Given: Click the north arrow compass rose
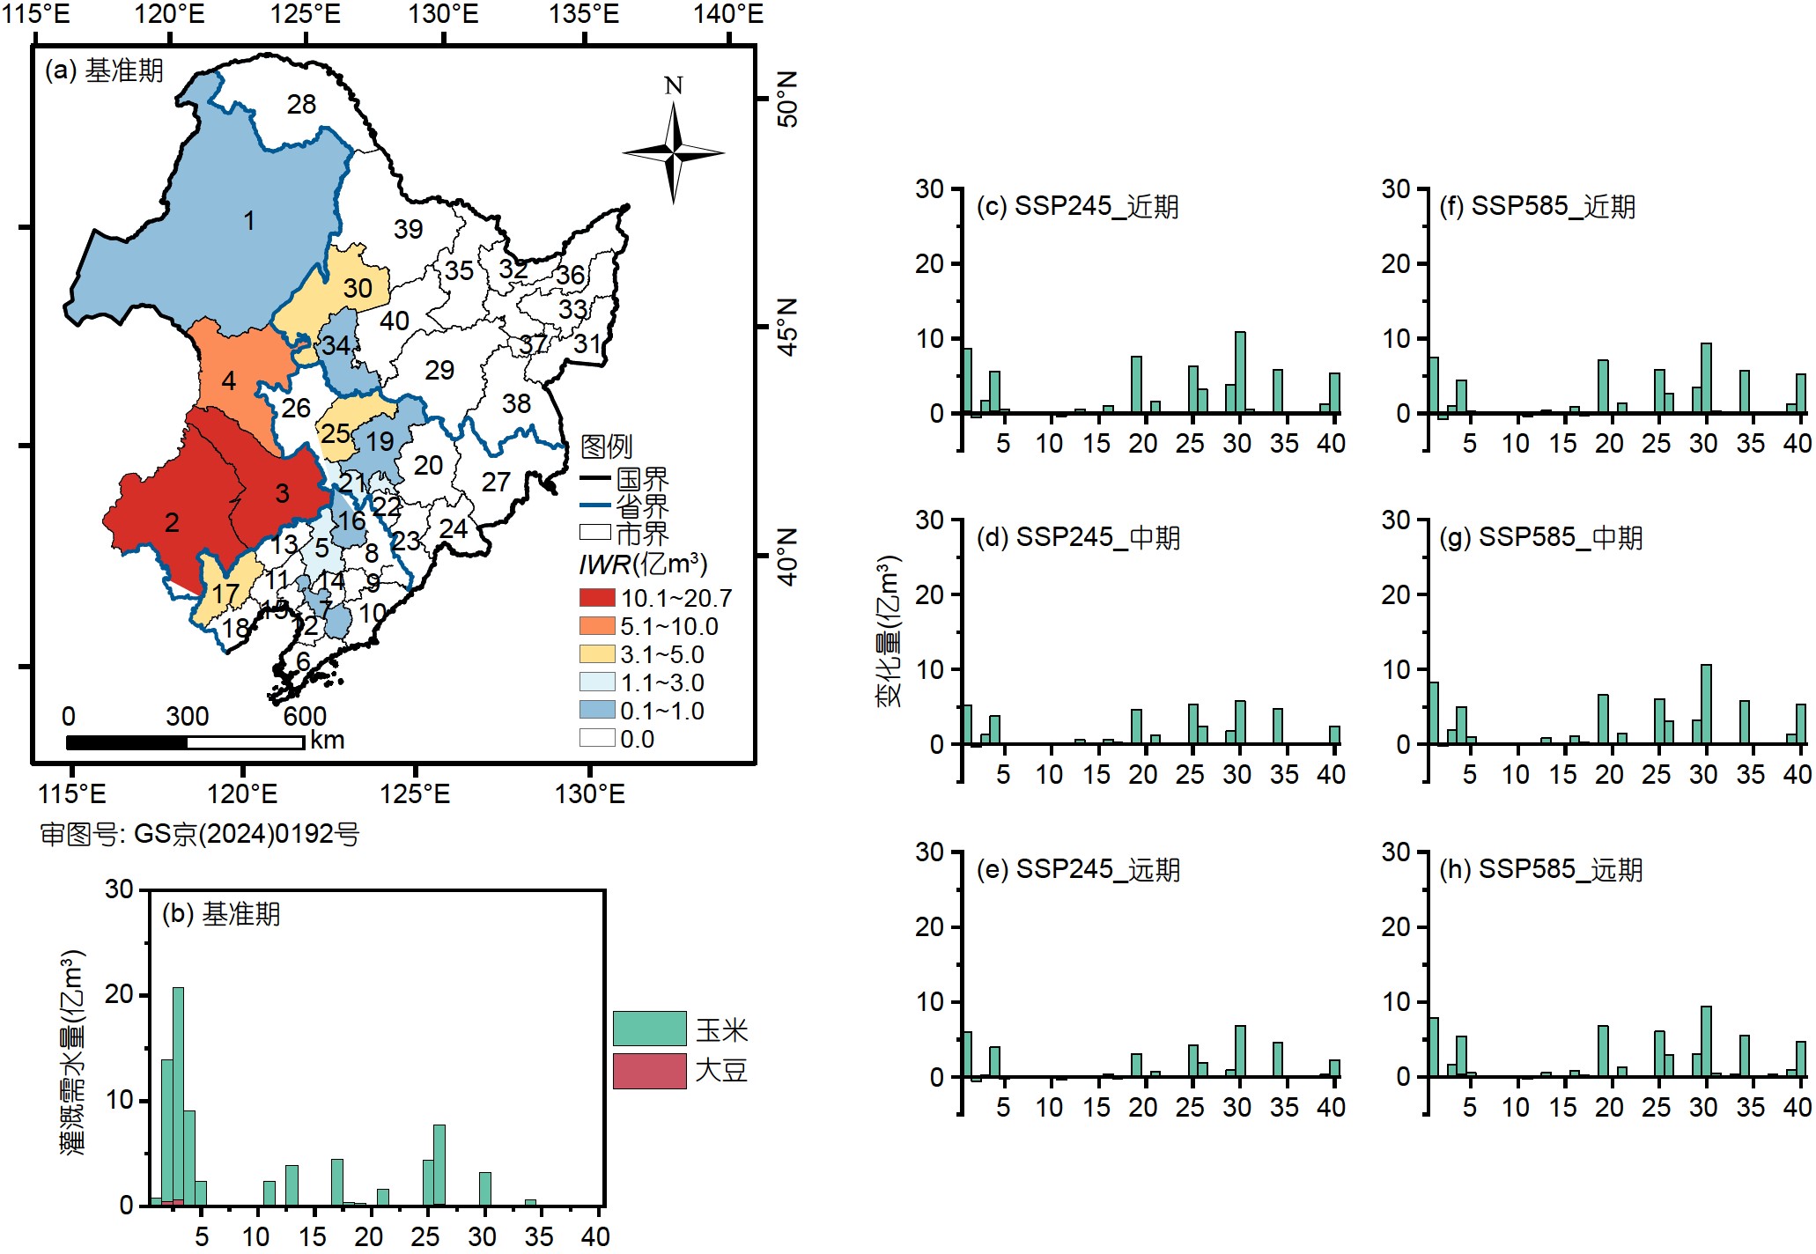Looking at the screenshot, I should coord(674,152).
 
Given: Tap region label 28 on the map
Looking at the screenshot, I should coord(301,105).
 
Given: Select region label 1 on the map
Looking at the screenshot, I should coord(249,220).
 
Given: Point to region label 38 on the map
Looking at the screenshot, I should coord(516,403).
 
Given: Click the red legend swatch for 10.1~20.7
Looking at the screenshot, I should coord(596,598).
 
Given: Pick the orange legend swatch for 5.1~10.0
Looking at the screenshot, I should coord(596,626).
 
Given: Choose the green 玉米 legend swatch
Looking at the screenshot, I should coord(649,1029).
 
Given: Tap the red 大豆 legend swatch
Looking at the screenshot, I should coord(649,1071).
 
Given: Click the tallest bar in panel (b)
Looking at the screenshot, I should coord(178,1095).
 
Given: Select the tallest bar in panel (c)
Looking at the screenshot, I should coord(1240,373).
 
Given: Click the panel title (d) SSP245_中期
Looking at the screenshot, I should coord(1078,537).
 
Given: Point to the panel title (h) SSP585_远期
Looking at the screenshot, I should coord(1540,869).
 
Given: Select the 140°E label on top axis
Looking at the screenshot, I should coord(728,14).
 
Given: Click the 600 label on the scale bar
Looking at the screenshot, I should coord(305,716).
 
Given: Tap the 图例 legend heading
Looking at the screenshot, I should coord(606,446).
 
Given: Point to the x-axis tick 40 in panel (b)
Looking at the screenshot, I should coord(595,1236).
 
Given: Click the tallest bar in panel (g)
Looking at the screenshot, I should coord(1706,704).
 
